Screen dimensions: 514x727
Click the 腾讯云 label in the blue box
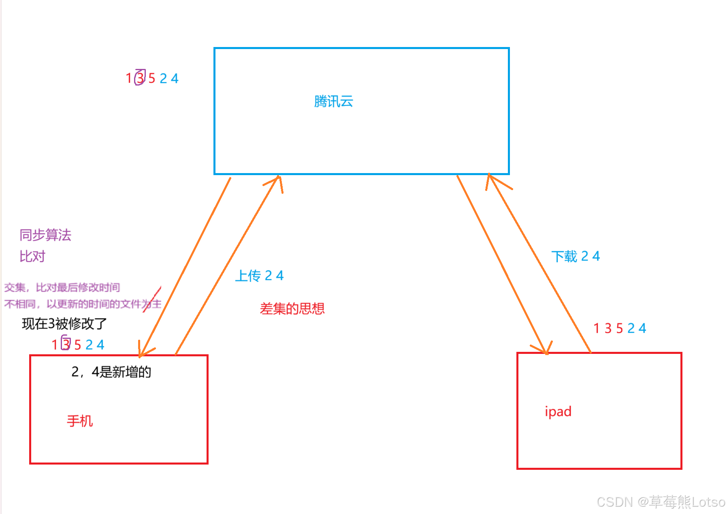(333, 101)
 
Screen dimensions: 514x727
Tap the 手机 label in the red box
(80, 421)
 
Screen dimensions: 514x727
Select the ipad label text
(558, 411)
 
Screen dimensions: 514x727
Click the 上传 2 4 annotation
(259, 276)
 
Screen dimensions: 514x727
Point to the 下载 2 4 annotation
(575, 257)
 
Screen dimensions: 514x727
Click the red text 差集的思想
(292, 309)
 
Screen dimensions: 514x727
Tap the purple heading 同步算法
(45, 235)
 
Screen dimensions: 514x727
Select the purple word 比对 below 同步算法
(32, 257)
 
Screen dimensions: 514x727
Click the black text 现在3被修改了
(64, 323)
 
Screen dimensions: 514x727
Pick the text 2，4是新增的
(111, 372)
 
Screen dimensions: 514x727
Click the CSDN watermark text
(661, 502)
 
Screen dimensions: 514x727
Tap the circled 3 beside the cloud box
(140, 77)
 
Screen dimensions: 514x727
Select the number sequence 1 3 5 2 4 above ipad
(619, 328)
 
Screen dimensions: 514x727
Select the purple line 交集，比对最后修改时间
(62, 287)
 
